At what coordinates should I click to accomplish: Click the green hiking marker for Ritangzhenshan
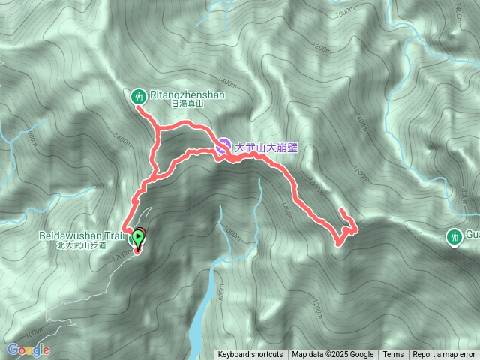tap(139, 96)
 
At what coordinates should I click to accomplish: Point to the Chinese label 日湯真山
tap(187, 105)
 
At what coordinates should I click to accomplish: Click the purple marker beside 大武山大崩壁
tap(225, 145)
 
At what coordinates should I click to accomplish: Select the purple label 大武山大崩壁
tap(267, 148)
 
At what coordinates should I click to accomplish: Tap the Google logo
tap(28, 349)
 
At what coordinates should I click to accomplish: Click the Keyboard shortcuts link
tap(250, 355)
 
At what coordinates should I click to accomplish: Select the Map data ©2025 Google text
tap(332, 355)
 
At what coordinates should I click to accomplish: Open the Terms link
tap(393, 355)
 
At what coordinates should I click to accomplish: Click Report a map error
tap(444, 355)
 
